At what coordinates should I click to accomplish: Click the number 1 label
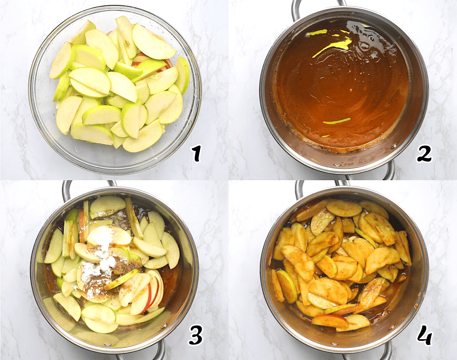(x=197, y=153)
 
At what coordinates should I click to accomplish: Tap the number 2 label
(x=424, y=153)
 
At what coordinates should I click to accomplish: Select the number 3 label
(x=195, y=335)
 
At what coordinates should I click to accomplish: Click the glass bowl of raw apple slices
(x=115, y=89)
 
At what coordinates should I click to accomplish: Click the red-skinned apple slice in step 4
(x=330, y=321)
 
